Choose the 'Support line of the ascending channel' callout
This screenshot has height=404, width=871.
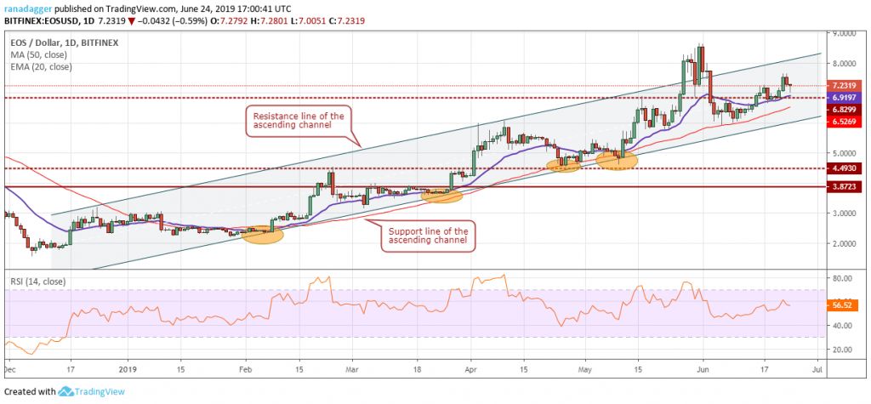coord(427,236)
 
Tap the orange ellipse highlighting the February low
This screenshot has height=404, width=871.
coord(262,234)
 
